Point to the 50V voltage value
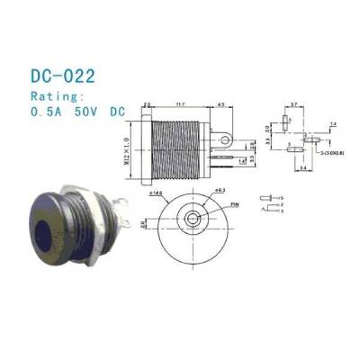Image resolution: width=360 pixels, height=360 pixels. click(88, 112)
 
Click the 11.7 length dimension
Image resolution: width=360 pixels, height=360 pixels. click(179, 103)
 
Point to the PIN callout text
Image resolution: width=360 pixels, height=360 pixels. click(237, 206)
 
